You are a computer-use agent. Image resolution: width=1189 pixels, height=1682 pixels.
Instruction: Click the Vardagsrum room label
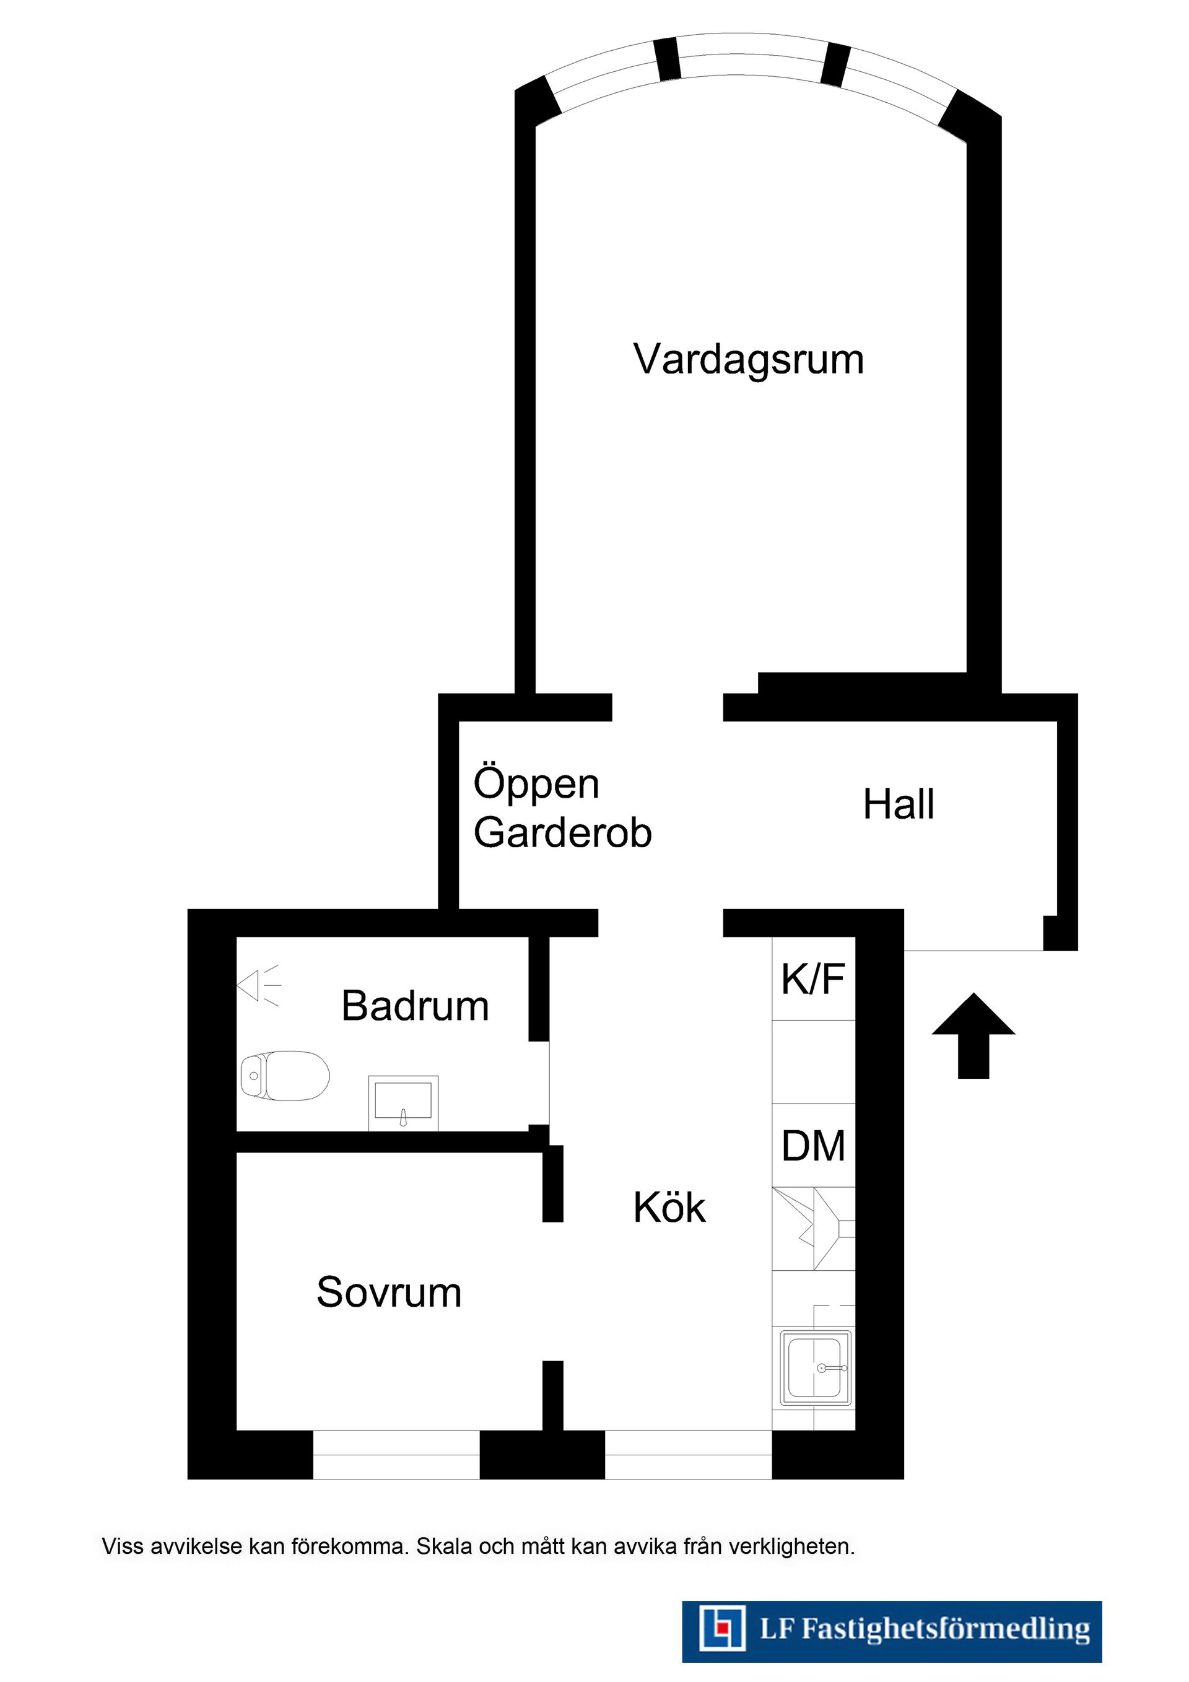749,360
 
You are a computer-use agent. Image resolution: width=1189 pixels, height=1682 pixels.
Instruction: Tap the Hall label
899,804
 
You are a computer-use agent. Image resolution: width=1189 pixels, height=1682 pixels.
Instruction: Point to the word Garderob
563,832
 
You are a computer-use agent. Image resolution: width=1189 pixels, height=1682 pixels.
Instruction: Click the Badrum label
416,1006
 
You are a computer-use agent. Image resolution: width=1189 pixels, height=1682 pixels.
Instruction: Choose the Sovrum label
389,1292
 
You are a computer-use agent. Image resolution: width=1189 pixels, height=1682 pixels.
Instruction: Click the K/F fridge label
813,980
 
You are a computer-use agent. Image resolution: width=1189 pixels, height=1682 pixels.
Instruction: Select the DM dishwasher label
813,1146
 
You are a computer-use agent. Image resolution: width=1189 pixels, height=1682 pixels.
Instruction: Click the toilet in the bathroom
284,1076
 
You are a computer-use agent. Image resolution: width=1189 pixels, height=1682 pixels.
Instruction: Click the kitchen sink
817,1369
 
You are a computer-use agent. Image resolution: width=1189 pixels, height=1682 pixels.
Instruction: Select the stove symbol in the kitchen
814,1229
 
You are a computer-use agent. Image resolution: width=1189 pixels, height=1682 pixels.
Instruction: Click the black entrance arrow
973,1036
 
